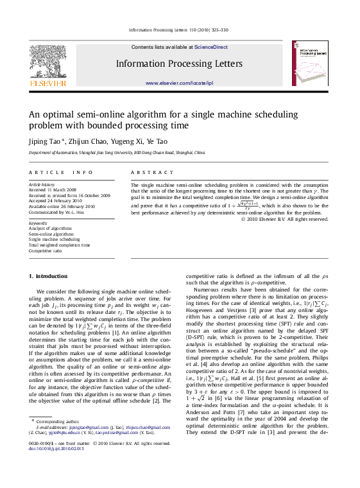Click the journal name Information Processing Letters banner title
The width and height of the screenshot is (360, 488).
[179, 64]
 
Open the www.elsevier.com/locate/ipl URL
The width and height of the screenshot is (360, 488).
[179, 83]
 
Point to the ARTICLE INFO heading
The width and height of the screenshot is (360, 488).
[56, 173]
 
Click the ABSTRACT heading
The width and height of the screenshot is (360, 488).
[152, 173]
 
